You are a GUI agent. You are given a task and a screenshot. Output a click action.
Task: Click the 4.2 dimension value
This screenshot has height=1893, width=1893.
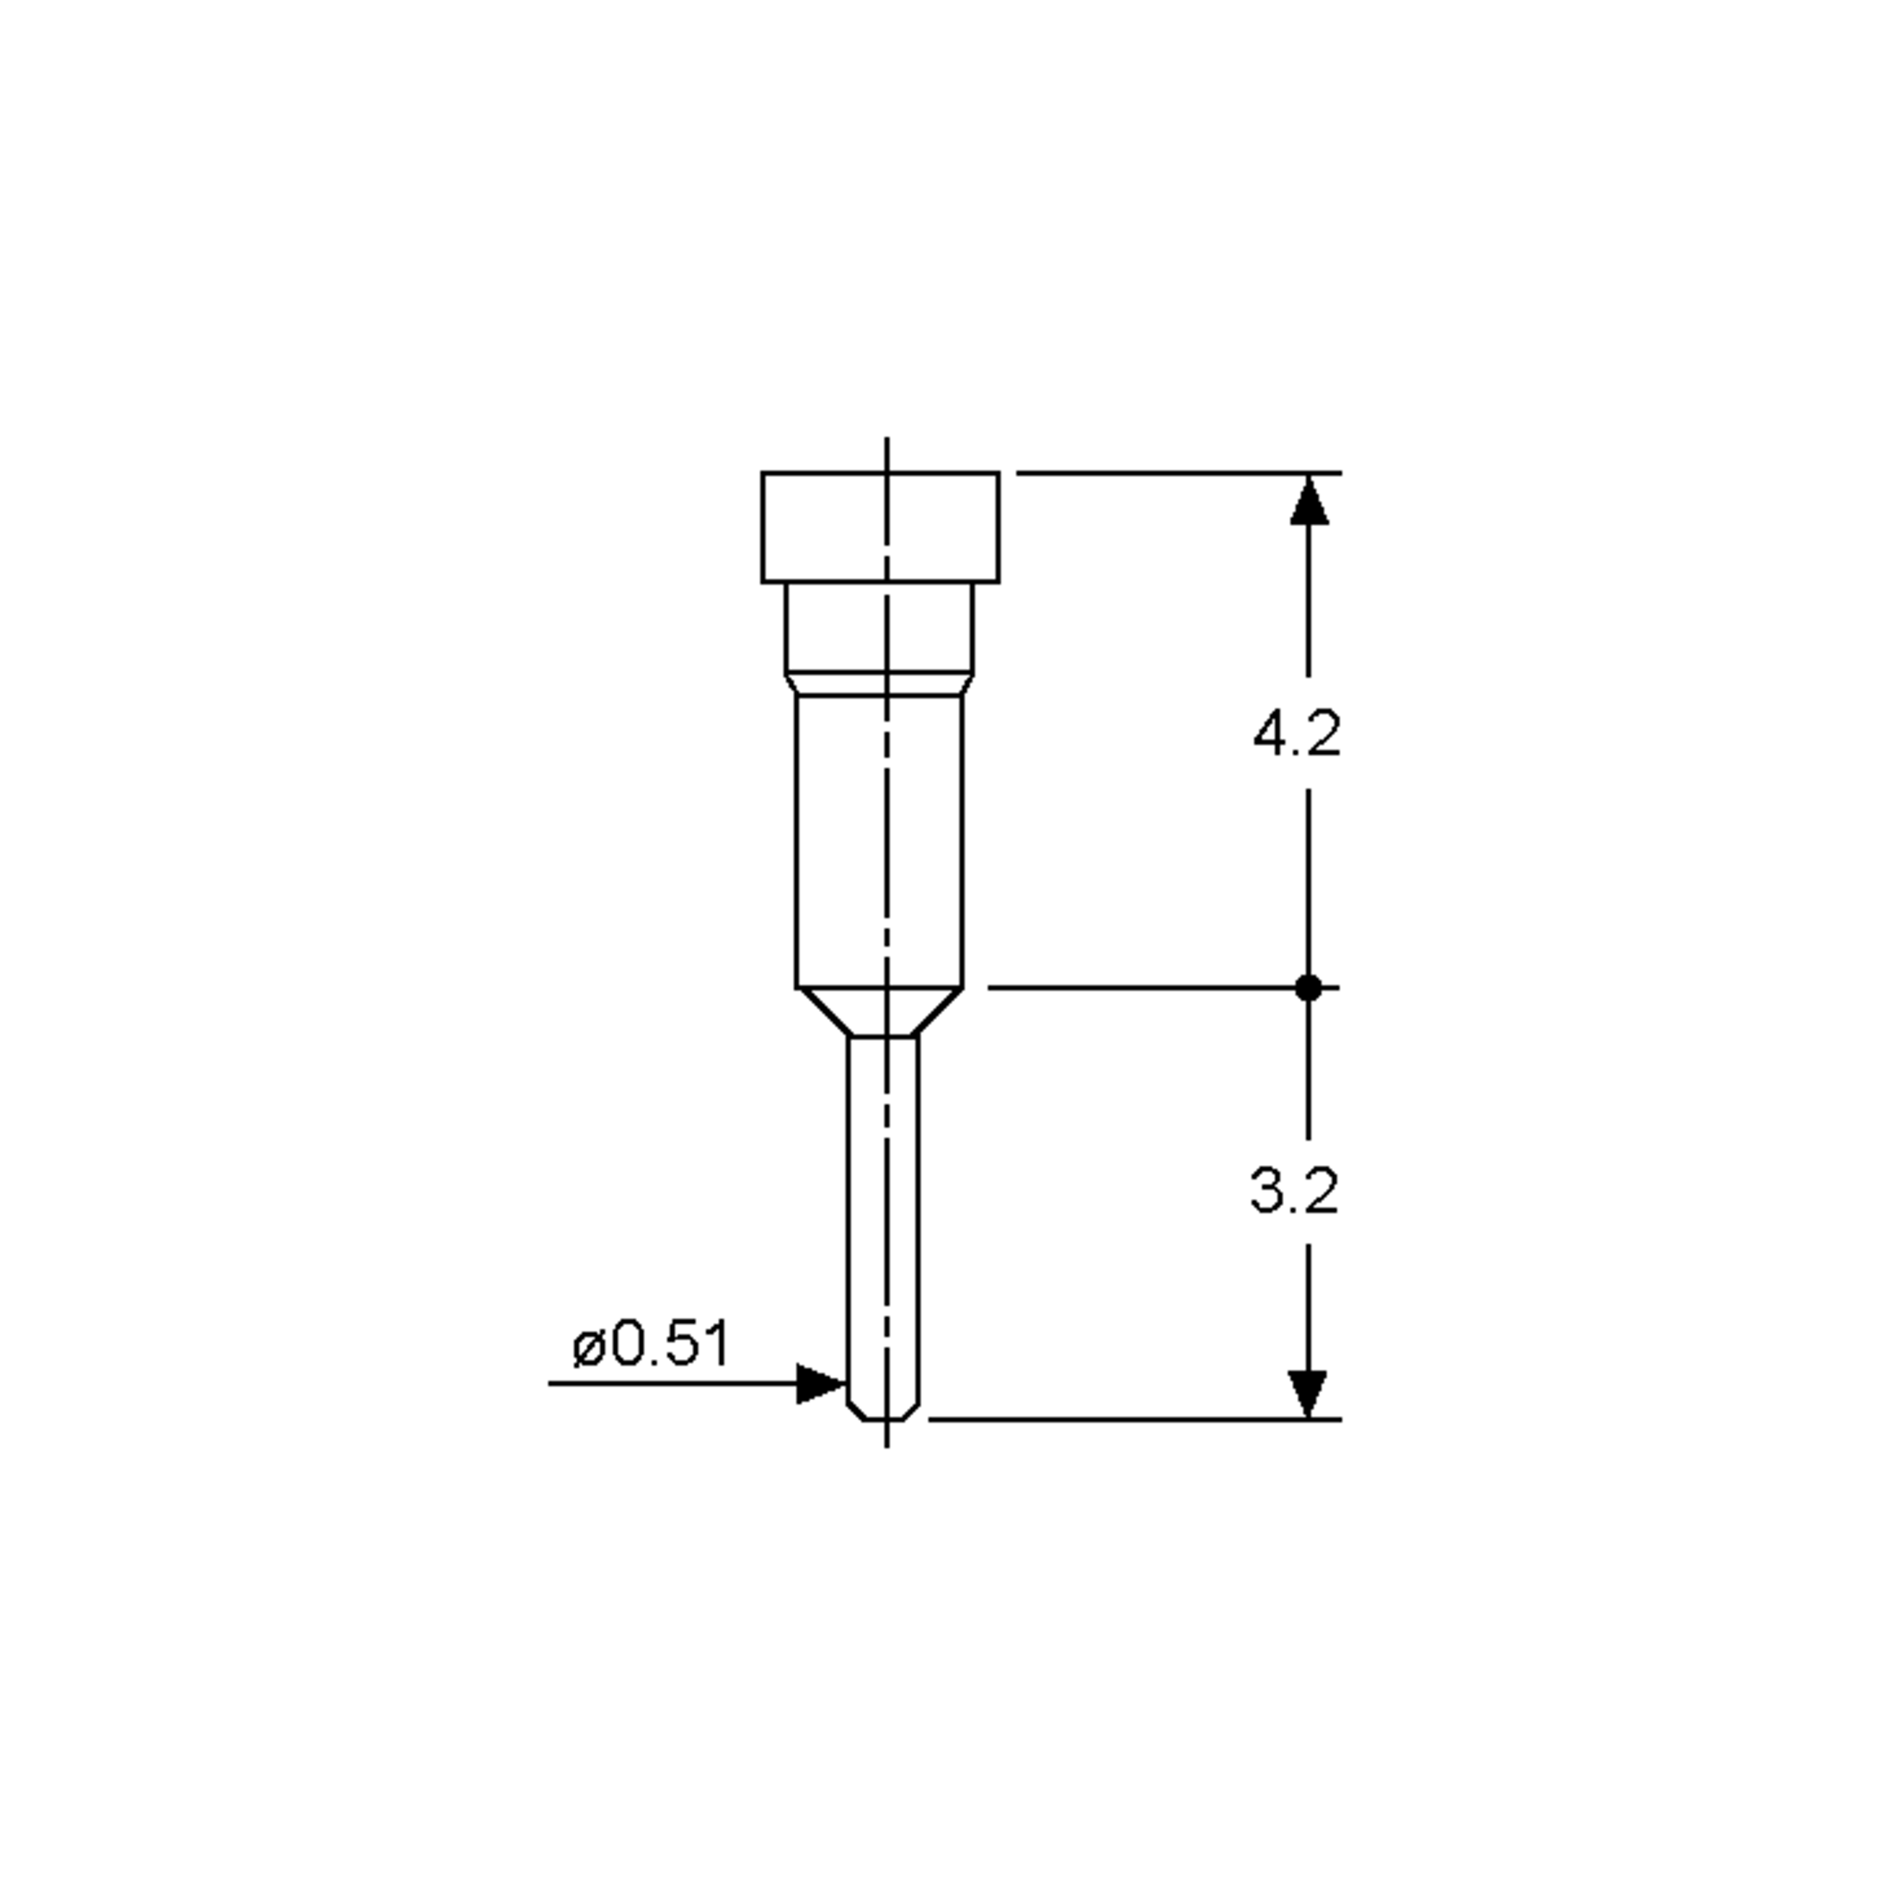pyautogui.click(x=1296, y=734)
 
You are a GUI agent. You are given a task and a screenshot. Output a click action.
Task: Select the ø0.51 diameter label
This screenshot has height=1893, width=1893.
pyautogui.click(x=652, y=1343)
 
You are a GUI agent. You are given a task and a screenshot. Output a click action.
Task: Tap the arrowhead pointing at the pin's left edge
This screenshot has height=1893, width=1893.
pyautogui.click(x=820, y=1383)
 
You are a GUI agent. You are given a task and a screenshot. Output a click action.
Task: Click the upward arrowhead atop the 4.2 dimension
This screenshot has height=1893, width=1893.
pyautogui.click(x=1308, y=500)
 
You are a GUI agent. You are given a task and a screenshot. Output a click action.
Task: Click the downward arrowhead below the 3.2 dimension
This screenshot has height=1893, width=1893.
pyautogui.click(x=1307, y=1392)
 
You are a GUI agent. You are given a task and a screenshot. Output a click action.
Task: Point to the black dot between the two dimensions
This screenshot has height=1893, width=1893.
pyautogui.click(x=1308, y=988)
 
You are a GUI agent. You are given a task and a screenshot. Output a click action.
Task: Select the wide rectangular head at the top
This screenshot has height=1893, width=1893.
pyautogui.click(x=880, y=527)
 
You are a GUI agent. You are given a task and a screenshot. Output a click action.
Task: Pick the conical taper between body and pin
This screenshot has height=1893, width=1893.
pyautogui.click(x=881, y=1011)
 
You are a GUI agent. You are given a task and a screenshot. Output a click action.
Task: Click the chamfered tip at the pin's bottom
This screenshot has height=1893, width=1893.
pyautogui.click(x=883, y=1411)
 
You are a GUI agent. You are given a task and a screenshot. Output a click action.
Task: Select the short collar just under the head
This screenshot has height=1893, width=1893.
pyautogui.click(x=879, y=627)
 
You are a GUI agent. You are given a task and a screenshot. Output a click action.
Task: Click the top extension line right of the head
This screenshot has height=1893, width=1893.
pyautogui.click(x=1176, y=473)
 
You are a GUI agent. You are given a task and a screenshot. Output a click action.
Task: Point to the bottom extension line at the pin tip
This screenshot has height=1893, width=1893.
pyautogui.click(x=1127, y=1418)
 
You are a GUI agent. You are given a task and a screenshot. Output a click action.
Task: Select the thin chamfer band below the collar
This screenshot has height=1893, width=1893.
pyautogui.click(x=879, y=684)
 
